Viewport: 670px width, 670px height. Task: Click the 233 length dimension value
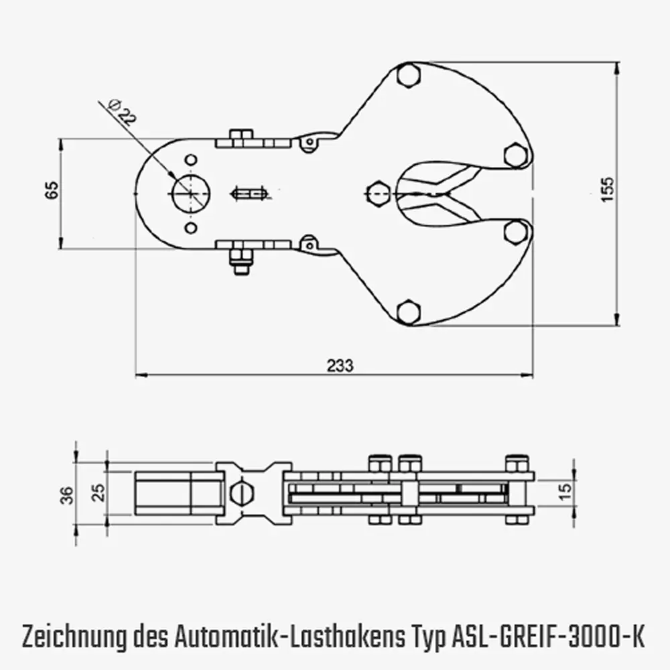click(x=340, y=366)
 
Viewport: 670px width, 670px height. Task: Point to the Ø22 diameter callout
click(x=121, y=111)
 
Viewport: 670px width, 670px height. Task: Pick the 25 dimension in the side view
click(x=98, y=494)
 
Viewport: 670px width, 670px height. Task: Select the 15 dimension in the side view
click(x=565, y=491)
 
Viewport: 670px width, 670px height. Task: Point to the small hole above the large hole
click(x=191, y=159)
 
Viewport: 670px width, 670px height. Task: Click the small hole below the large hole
click(x=191, y=228)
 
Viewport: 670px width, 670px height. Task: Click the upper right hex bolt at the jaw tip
click(x=515, y=155)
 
